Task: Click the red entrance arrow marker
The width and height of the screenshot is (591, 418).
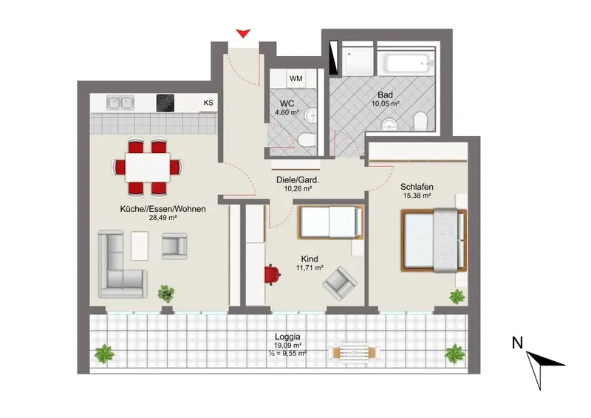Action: tap(243, 33)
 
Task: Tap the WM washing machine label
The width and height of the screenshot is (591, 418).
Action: tap(296, 78)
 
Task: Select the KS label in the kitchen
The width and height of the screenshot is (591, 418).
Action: tap(208, 103)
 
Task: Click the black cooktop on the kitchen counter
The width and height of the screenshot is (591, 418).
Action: tap(165, 103)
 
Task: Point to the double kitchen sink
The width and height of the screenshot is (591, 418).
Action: tap(120, 102)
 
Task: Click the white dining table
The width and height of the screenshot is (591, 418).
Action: tap(147, 168)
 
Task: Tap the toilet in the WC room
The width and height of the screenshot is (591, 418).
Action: tap(307, 140)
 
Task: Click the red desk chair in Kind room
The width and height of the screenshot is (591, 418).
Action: tap(272, 275)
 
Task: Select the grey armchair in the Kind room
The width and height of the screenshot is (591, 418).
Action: tap(340, 284)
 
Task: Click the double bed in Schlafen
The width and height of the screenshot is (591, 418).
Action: tap(434, 240)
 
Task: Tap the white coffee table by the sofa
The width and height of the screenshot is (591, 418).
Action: tap(140, 246)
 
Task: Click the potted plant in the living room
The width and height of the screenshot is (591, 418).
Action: tap(165, 294)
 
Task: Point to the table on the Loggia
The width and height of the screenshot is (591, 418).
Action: tap(354, 353)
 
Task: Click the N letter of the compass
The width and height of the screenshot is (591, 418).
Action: tap(518, 343)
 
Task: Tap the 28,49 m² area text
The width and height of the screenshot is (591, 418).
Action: tap(163, 217)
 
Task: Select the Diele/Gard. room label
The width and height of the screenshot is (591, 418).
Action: tap(298, 180)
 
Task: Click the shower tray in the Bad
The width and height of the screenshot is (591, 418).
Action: tap(357, 61)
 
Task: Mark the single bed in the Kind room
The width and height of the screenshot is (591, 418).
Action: tap(331, 222)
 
